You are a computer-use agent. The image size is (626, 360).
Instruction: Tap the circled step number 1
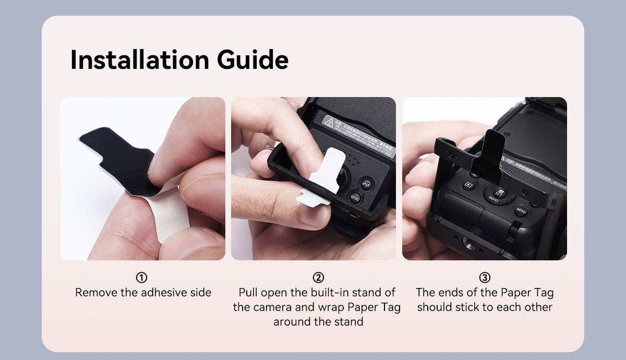142,278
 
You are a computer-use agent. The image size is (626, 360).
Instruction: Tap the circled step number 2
318,278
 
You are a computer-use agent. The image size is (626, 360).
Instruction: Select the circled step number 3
485,278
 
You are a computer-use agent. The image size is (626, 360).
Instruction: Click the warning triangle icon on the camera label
329,122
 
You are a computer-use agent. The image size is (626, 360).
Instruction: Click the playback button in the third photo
468,185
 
